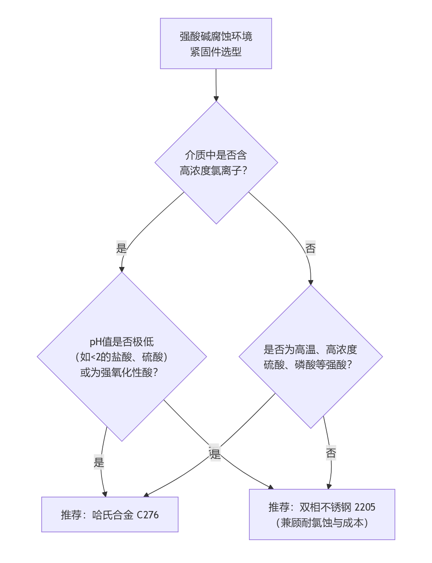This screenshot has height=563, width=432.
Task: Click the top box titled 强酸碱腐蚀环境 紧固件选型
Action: click(x=216, y=43)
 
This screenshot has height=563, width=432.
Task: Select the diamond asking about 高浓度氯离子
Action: click(x=216, y=163)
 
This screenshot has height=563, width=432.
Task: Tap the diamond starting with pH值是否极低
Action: click(x=122, y=357)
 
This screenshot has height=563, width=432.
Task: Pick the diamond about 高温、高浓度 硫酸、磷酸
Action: click(x=310, y=357)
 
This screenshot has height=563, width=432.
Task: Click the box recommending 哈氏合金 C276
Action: click(x=110, y=515)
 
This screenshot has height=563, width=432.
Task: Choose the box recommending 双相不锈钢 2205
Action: click(x=322, y=515)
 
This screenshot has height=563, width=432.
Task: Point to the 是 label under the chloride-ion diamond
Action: click(x=122, y=248)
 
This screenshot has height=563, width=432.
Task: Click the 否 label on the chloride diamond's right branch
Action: click(x=310, y=248)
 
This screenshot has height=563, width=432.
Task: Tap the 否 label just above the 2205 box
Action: click(x=331, y=453)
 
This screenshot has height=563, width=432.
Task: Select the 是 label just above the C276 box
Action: click(x=99, y=463)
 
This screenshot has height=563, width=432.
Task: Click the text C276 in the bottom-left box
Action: click(x=147, y=515)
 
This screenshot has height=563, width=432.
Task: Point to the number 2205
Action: click(x=365, y=507)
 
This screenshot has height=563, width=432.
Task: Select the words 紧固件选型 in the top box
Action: click(x=216, y=52)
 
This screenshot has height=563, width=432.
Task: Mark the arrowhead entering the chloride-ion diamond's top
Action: click(x=216, y=99)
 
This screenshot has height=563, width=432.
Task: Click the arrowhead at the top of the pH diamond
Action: click(x=122, y=269)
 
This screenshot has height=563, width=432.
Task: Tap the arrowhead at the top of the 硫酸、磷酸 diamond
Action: click(x=310, y=283)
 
